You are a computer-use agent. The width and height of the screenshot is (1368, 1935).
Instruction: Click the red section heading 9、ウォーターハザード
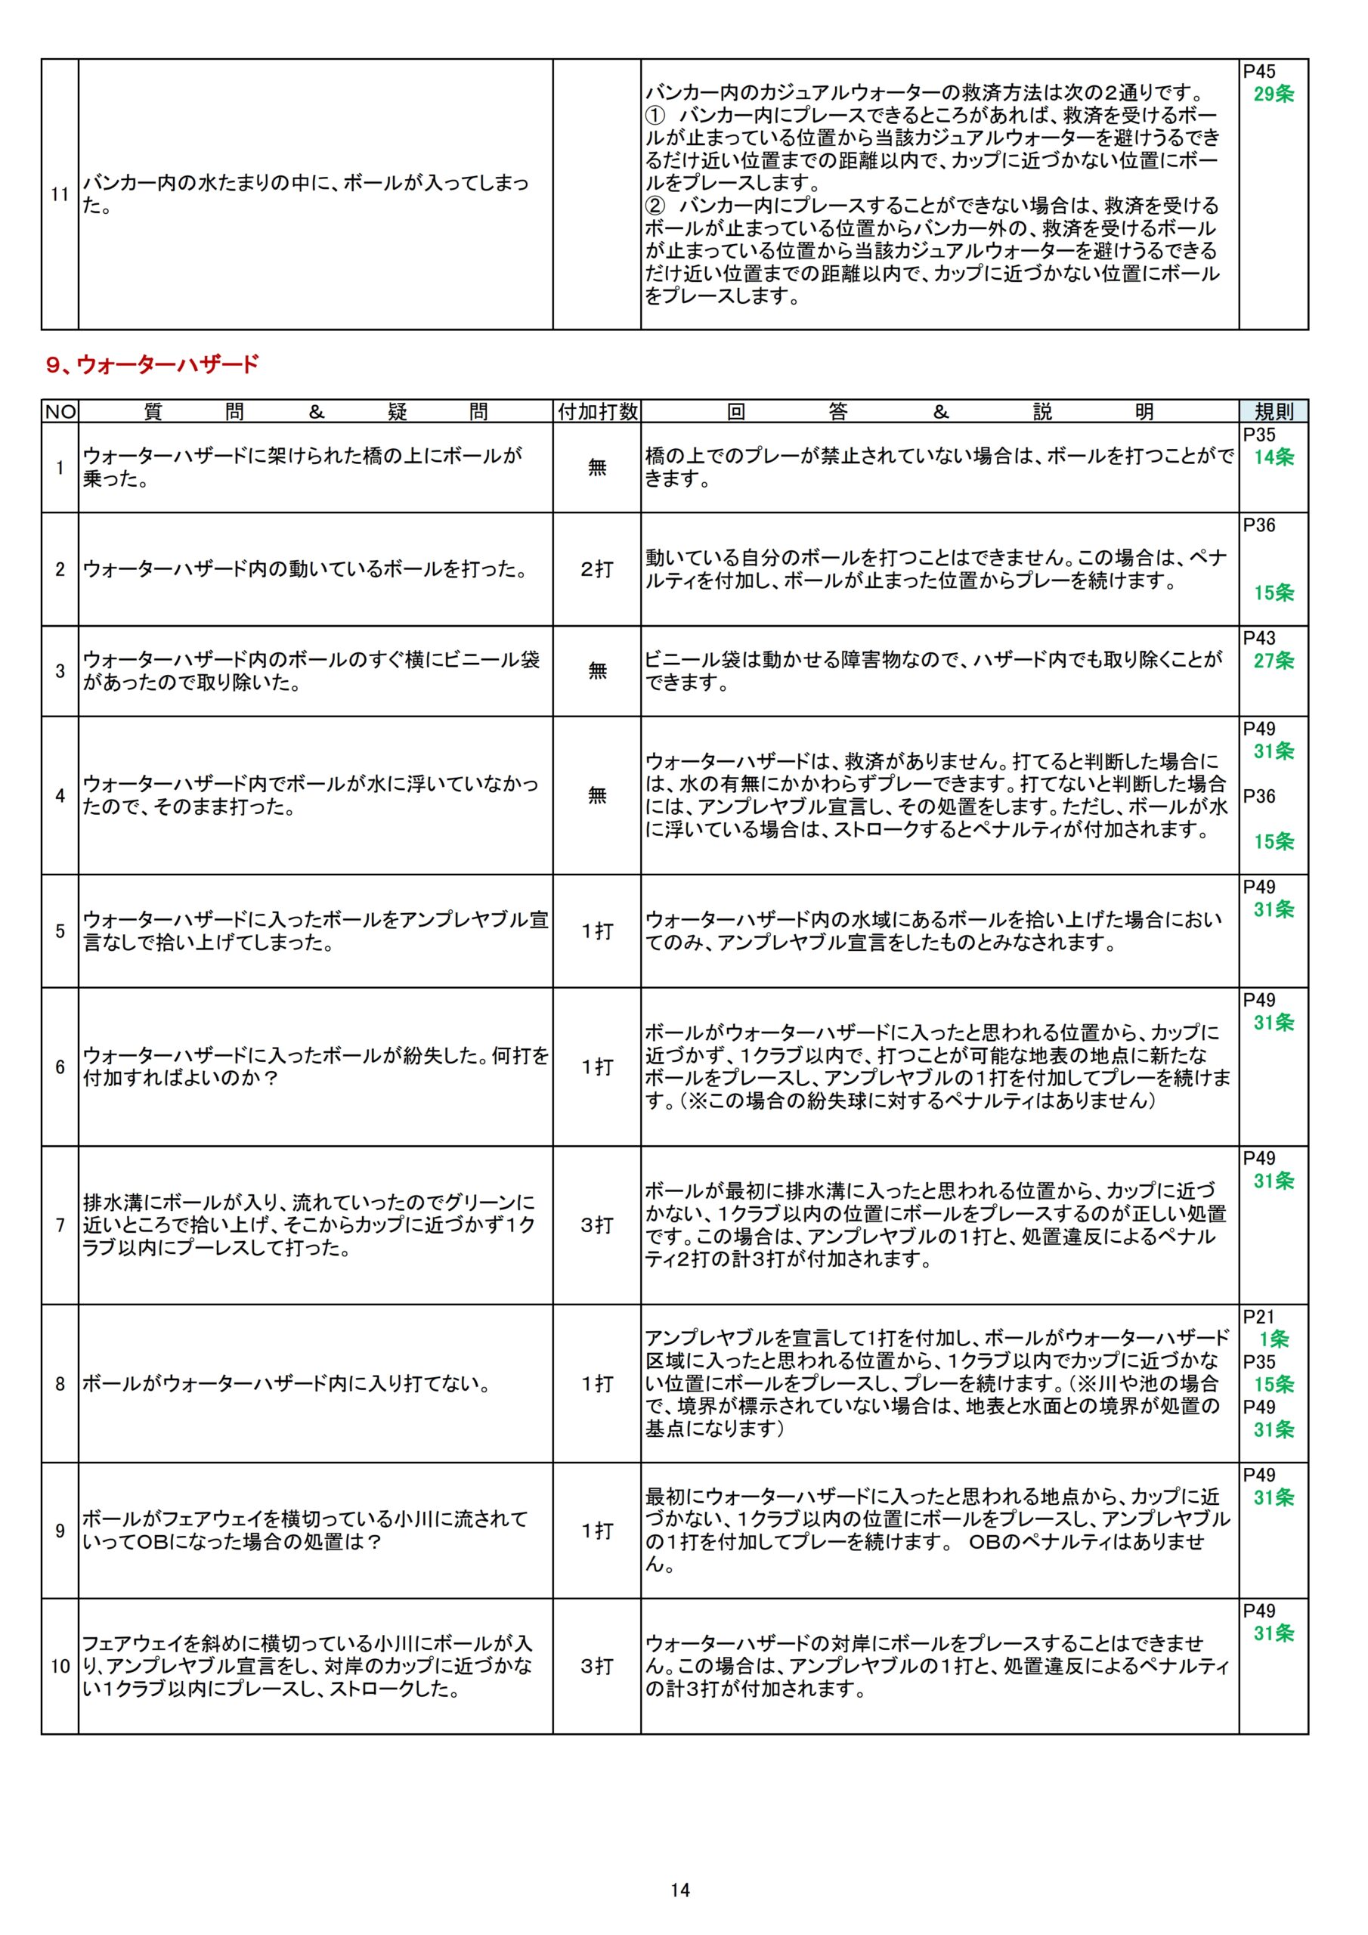click(153, 365)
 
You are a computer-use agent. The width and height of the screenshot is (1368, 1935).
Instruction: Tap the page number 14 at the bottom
click(680, 1890)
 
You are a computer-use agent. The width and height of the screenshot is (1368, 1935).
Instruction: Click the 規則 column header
click(1273, 411)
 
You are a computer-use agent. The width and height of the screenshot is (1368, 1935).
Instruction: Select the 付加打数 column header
click(597, 411)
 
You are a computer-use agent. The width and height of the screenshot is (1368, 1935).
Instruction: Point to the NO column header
click(60, 411)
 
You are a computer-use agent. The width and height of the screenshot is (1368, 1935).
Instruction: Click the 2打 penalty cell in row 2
click(597, 570)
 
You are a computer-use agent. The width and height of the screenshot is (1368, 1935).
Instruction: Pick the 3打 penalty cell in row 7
click(597, 1225)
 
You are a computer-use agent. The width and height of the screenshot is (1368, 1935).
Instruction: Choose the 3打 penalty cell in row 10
click(597, 1666)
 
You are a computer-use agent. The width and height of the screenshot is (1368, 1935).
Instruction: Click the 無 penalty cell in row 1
click(597, 467)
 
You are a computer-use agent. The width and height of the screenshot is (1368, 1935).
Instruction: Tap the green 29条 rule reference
click(1273, 94)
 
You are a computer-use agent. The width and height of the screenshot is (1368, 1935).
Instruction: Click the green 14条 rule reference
click(1273, 457)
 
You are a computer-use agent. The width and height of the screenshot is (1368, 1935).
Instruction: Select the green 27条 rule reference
click(1273, 661)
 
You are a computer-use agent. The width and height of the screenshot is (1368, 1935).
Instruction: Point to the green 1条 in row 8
click(1274, 1339)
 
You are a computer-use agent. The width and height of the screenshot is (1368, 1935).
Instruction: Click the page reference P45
click(1259, 72)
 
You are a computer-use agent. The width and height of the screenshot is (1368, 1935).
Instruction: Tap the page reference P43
click(1259, 638)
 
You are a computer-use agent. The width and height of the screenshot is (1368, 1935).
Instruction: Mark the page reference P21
click(1259, 1317)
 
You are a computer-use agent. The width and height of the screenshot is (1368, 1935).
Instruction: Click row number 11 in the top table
click(60, 195)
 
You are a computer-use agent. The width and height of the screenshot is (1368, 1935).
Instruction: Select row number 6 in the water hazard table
click(60, 1067)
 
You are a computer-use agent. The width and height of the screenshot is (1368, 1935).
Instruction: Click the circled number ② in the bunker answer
click(656, 206)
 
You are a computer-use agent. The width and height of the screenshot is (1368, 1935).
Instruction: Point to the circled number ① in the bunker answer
click(656, 115)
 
